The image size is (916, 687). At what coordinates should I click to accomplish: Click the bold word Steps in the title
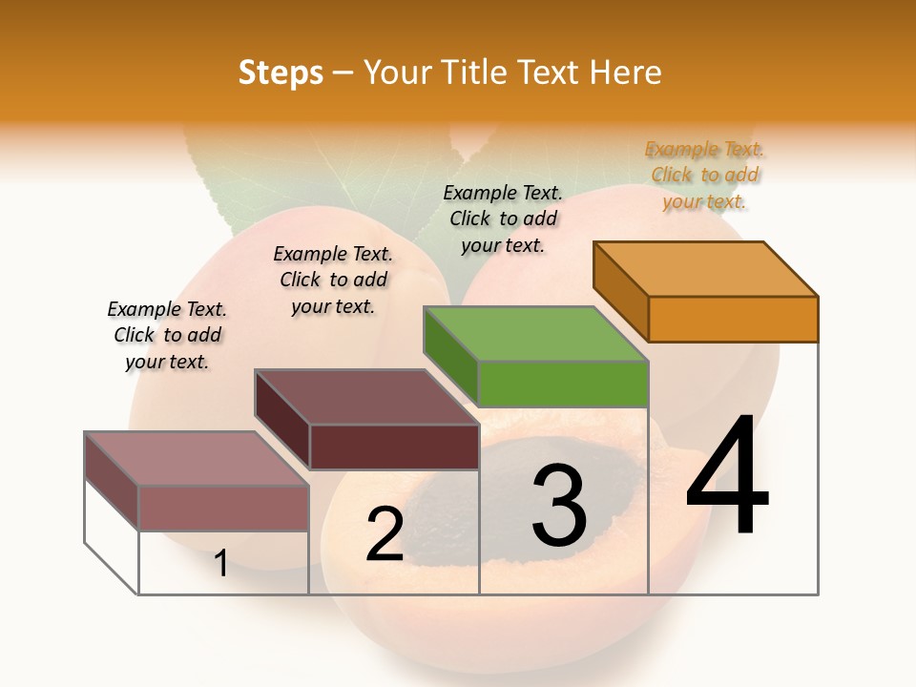(281, 73)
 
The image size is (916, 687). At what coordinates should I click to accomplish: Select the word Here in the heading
(627, 73)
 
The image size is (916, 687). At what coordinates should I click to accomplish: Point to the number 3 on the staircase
(559, 506)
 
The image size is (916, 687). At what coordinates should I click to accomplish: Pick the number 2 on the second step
(385, 534)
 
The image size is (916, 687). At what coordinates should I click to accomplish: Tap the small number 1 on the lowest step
(220, 564)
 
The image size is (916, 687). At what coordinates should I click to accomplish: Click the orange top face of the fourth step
(706, 268)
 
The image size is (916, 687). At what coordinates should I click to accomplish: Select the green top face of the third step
(535, 334)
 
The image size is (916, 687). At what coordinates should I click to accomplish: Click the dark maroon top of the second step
(366, 397)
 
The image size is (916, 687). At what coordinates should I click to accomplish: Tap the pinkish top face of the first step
(197, 459)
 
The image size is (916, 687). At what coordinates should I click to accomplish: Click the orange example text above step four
(704, 175)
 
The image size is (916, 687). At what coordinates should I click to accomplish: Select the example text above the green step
(503, 219)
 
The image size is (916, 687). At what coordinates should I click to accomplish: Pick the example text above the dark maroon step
(333, 280)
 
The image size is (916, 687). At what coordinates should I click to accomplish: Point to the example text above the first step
(167, 335)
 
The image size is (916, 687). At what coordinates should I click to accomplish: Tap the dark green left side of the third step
(450, 357)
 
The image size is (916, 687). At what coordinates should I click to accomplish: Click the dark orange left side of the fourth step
(620, 291)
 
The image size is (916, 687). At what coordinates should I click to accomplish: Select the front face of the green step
(563, 384)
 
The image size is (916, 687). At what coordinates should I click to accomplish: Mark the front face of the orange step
(733, 319)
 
